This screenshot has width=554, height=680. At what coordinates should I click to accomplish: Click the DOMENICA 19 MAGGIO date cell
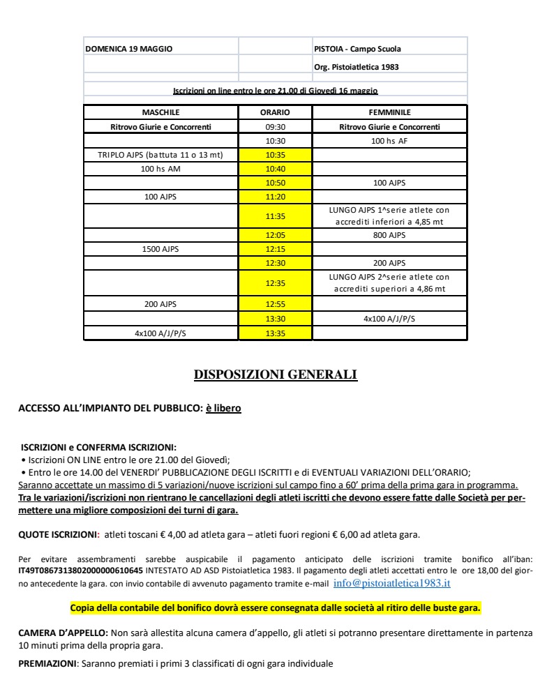[128, 49]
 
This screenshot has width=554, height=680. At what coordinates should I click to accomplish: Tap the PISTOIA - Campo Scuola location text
[357, 49]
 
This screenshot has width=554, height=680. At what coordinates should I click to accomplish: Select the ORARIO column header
[275, 112]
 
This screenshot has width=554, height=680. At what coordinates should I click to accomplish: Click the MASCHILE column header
[160, 112]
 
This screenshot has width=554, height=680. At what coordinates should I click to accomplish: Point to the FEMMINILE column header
[389, 112]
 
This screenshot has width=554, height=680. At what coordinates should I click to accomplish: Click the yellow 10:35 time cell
[275, 155]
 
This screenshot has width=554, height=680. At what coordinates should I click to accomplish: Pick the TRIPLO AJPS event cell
[160, 155]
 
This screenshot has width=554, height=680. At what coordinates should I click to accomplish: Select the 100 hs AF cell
[389, 141]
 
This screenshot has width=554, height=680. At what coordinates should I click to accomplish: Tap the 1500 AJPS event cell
[160, 249]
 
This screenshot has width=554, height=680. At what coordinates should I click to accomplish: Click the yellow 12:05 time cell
[275, 235]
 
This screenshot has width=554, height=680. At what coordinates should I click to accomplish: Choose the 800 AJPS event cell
[389, 235]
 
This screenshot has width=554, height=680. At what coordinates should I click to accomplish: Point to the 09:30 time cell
[275, 127]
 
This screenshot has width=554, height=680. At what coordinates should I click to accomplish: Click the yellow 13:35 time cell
[275, 333]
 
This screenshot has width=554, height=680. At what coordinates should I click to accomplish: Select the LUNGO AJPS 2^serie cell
[389, 282]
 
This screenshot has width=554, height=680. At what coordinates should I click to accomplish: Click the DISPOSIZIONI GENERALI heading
[275, 375]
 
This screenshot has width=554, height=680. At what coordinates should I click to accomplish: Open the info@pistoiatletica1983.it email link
[391, 583]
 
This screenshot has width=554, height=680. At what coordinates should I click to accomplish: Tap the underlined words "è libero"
[223, 408]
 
